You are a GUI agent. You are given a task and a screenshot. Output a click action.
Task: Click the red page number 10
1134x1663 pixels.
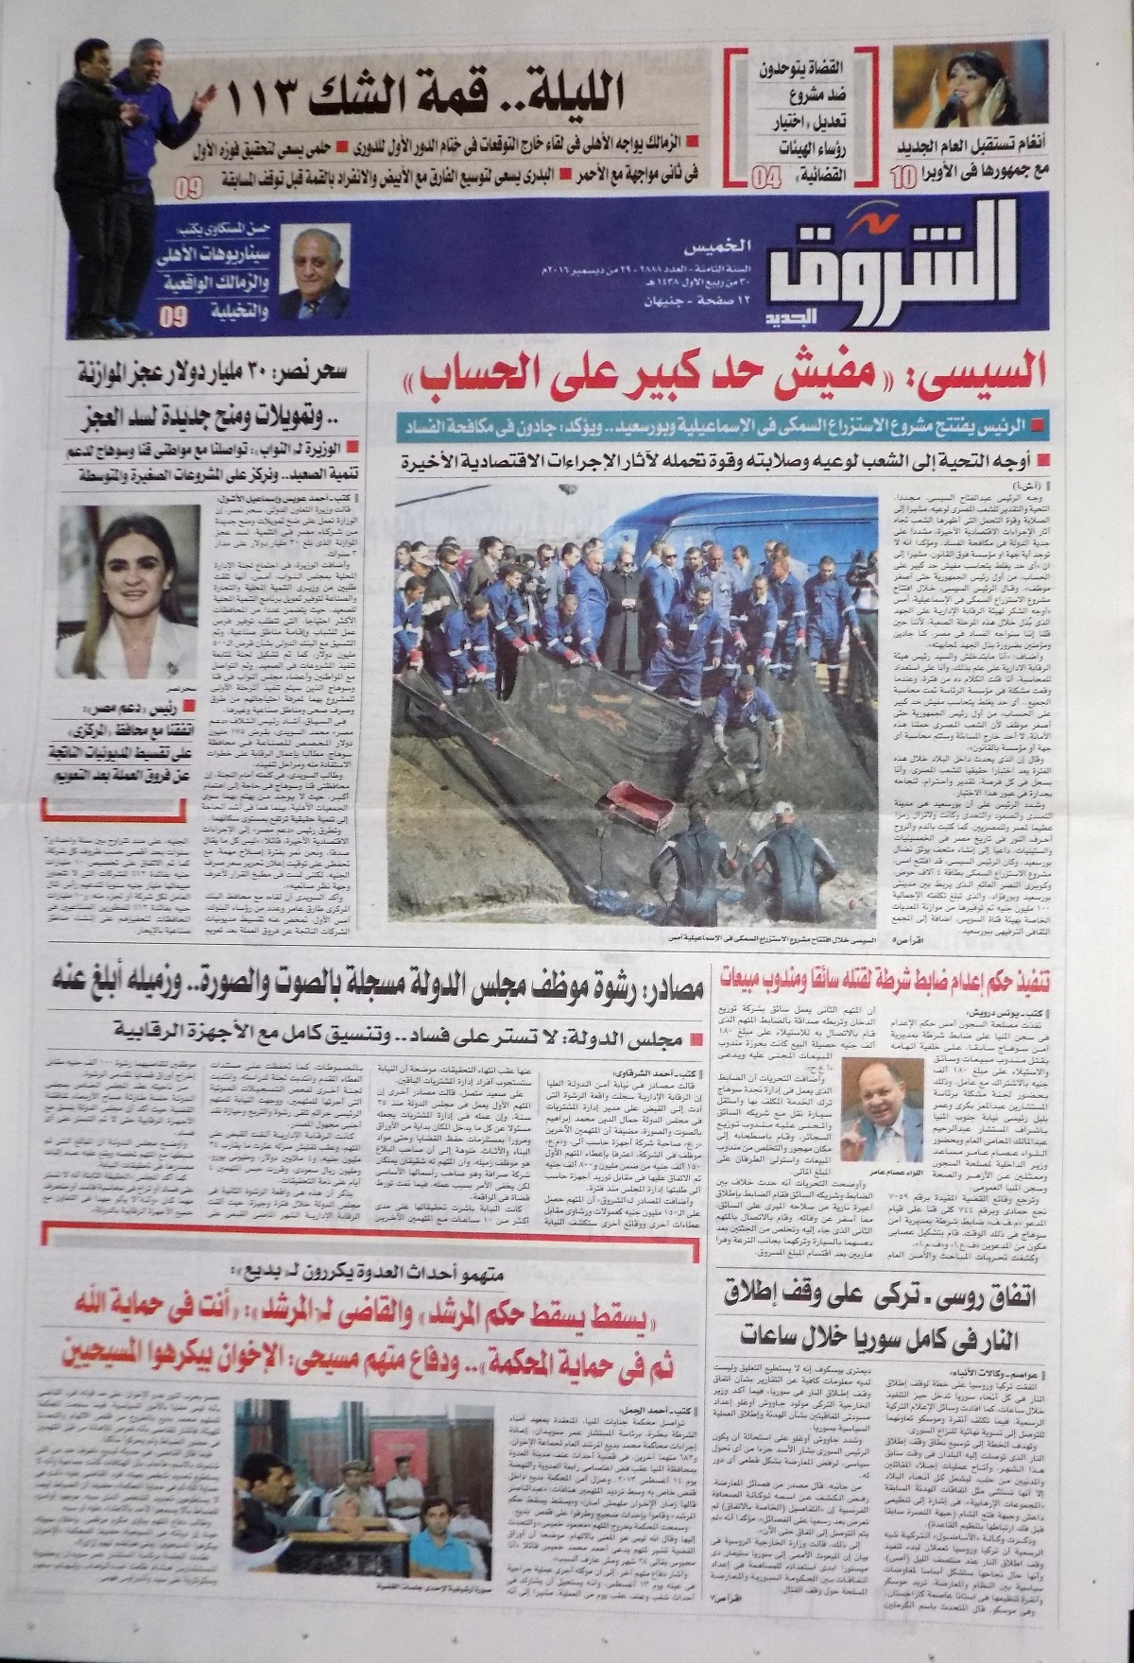point(902,175)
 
